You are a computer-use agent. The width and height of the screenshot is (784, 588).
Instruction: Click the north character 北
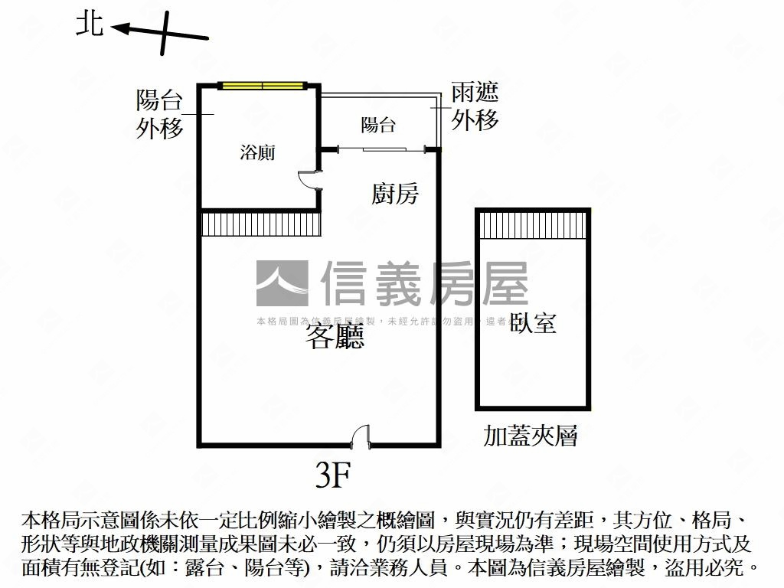pyautogui.click(x=90, y=24)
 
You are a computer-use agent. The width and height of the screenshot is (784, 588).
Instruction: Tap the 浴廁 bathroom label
pyautogui.click(x=257, y=152)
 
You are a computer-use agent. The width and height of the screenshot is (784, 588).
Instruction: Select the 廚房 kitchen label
pyautogui.click(x=395, y=194)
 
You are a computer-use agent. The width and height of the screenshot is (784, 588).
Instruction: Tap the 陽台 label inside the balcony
pyautogui.click(x=378, y=124)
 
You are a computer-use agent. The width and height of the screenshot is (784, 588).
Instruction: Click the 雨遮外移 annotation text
pyautogui.click(x=475, y=106)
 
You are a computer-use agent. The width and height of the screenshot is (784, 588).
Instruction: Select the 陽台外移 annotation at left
pyautogui.click(x=160, y=114)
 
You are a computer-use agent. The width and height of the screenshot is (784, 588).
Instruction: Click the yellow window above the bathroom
pyautogui.click(x=263, y=85)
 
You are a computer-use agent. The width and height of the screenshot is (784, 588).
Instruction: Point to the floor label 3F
pyautogui.click(x=333, y=476)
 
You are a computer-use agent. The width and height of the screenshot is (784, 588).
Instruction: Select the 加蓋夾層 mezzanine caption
pyautogui.click(x=530, y=436)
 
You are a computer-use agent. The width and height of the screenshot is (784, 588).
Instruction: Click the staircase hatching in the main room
pyautogui.click(x=260, y=224)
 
